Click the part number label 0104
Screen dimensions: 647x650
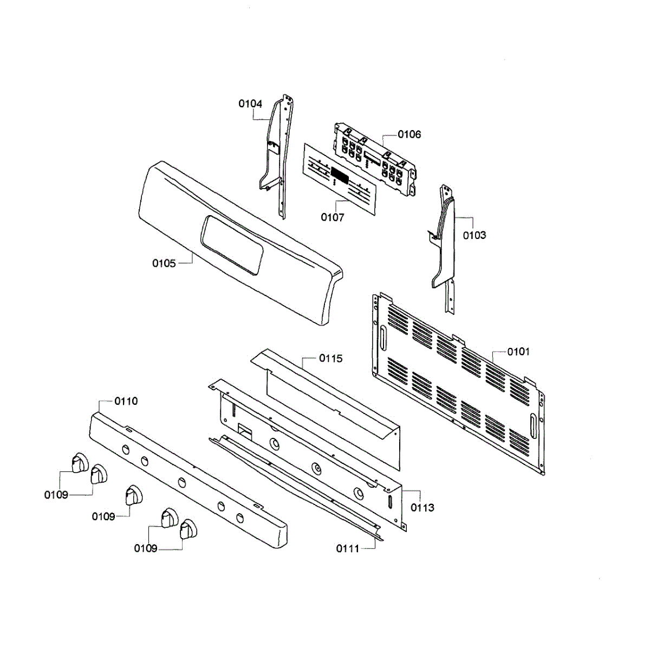[x=250, y=103]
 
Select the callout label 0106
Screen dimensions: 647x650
[x=409, y=134]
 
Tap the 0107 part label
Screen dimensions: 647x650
[x=332, y=217]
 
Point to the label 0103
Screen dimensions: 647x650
[x=474, y=235]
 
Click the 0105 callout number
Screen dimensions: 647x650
[x=164, y=263]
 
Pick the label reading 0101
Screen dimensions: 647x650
[x=518, y=352]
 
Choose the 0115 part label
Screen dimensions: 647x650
[x=330, y=358]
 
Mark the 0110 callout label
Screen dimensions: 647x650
[x=126, y=401]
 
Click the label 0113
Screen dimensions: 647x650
[x=422, y=508]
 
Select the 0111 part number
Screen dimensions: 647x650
[x=347, y=548]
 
